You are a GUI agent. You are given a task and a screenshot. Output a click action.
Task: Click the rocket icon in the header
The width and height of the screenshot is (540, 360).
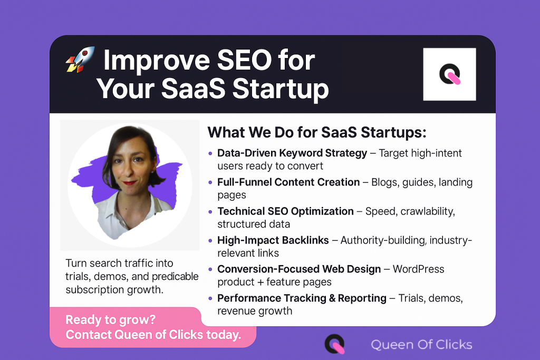(80, 60)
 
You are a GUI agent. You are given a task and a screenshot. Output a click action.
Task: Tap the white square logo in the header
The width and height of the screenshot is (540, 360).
(449, 74)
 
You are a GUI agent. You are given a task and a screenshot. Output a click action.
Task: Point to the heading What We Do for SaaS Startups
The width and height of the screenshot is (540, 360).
(316, 132)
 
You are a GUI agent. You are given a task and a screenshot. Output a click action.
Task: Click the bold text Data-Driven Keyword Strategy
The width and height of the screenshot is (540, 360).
(292, 153)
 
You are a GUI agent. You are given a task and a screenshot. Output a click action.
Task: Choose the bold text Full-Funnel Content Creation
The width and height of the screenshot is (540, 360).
(288, 182)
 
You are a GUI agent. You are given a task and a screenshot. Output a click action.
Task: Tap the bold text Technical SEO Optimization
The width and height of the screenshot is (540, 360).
(285, 211)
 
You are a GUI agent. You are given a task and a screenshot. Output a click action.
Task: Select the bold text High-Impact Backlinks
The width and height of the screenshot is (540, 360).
(273, 240)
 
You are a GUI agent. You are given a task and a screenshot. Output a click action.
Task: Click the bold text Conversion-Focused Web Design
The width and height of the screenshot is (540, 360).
(299, 269)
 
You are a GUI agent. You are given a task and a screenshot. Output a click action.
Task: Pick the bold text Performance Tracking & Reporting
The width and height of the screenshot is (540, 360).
(302, 298)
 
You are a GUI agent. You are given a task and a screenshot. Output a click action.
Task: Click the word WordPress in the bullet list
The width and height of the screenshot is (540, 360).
(419, 269)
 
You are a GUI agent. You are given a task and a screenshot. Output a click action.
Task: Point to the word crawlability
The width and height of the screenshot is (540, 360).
(428, 211)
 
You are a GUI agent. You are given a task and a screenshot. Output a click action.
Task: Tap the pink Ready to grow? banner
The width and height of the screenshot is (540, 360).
(153, 327)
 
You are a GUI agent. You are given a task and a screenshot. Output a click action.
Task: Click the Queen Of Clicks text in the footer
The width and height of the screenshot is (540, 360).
(421, 345)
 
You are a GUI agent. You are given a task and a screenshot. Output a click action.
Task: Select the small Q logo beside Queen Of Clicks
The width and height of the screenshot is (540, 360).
(334, 344)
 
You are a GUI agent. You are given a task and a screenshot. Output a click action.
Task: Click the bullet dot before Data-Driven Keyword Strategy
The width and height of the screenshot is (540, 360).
(211, 153)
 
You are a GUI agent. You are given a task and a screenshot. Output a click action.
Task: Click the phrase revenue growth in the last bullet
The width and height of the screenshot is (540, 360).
(255, 311)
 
